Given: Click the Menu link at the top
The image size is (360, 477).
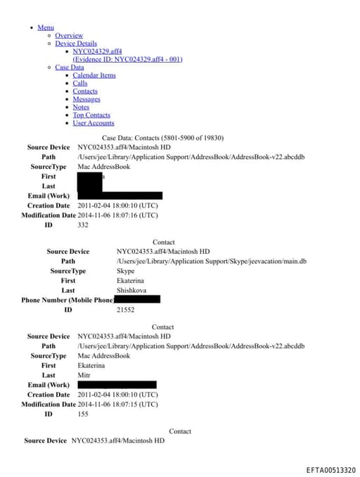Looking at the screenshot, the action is pos(46,27).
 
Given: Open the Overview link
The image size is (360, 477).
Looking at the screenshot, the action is pos(69,35).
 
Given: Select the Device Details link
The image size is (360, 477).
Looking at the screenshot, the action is pos(76,44).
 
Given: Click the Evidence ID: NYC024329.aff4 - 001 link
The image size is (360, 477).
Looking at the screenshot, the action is pos(127,59).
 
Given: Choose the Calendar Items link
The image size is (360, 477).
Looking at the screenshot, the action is pos(94,75).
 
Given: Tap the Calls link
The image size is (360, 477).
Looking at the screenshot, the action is pos(80,83).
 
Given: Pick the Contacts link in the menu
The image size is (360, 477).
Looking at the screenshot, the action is pos(85,91).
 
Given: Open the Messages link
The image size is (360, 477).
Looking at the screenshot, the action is pos(86,99).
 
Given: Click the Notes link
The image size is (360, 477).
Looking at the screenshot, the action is pos(81,107).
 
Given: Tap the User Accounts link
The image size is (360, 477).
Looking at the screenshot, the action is pos(94,123).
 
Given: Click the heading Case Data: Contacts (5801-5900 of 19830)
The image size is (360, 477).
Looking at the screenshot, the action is pos(162,138).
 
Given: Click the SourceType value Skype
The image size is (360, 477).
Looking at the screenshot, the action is pos(125,270).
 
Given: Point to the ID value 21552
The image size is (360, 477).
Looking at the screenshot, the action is pos(125,310).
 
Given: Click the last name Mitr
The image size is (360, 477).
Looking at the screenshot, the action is pos(84,375).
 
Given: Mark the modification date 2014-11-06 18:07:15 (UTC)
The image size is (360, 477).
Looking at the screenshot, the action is pos(117,405).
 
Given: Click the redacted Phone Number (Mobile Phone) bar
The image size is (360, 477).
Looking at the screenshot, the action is pos(137,300).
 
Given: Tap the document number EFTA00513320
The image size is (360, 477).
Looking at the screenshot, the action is pos(330,470).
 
